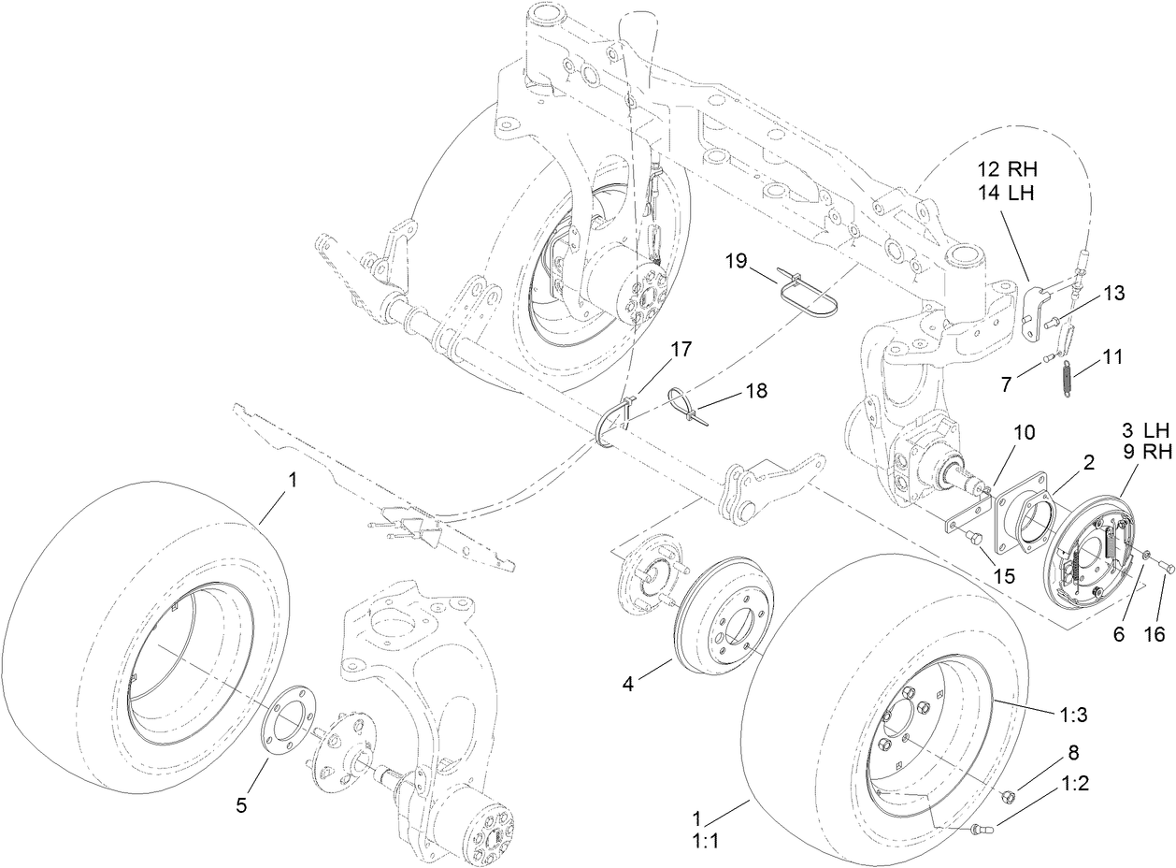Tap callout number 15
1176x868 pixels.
pyautogui.click(x=1004, y=576)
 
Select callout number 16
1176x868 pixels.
pyautogui.click(x=1154, y=635)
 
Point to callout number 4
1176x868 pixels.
pyautogui.click(x=628, y=684)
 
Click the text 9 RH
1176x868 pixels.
pyautogui.click(x=1146, y=454)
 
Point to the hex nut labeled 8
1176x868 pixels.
pyautogui.click(x=1009, y=795)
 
